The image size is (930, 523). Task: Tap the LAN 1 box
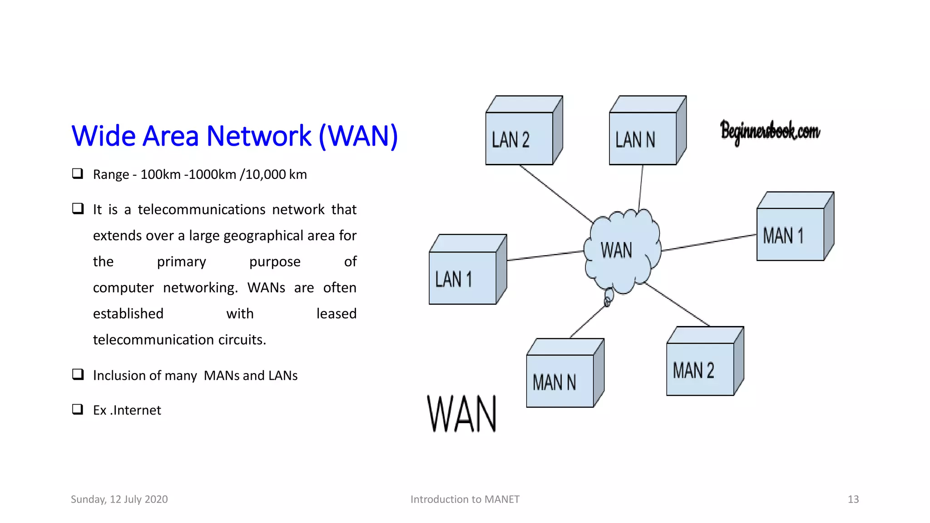[x=463, y=277]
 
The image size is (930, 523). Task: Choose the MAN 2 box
[x=700, y=369]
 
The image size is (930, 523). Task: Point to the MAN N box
[x=560, y=381]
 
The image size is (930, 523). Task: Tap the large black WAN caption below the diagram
[x=462, y=414]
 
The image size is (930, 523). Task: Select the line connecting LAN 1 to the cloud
[x=545, y=256]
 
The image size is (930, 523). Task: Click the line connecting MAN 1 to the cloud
[x=708, y=242]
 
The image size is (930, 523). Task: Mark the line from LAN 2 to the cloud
[x=556, y=193]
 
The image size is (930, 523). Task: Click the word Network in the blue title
[x=259, y=136]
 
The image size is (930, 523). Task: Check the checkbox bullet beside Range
[x=78, y=173]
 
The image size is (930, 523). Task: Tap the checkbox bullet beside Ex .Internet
[x=78, y=409]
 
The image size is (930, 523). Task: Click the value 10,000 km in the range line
[x=276, y=175]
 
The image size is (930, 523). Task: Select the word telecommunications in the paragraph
[x=202, y=210]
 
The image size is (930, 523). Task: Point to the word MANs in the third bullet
[x=221, y=376]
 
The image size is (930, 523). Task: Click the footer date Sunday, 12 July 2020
[x=119, y=499]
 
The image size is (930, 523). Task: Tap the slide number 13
[x=853, y=499]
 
